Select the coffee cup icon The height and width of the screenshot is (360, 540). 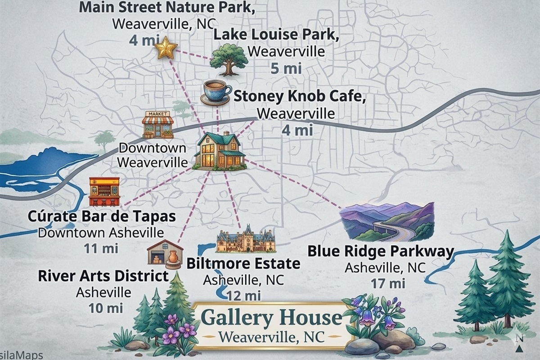click(216, 92)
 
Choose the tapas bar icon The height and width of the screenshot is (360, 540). click(104, 192)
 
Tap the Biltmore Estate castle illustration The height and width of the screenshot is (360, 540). click(246, 241)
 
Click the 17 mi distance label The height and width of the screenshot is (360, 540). click(388, 283)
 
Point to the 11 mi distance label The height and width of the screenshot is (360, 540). click(101, 248)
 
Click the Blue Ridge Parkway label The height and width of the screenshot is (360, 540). click(380, 251)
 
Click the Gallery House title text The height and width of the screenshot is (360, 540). click(271, 318)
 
